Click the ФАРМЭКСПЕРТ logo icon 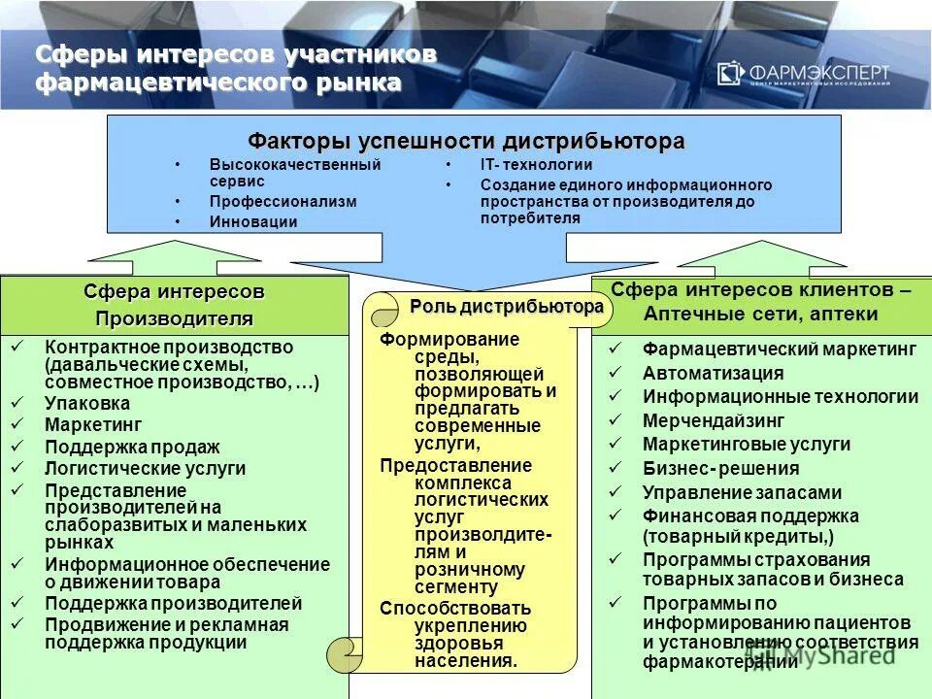click(731, 73)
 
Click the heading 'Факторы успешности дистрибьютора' click(466, 141)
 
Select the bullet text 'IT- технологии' click(536, 165)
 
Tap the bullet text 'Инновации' click(253, 221)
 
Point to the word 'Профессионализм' click(283, 201)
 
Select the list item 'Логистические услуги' click(145, 468)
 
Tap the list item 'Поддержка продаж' click(132, 447)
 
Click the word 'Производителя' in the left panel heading click(174, 318)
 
